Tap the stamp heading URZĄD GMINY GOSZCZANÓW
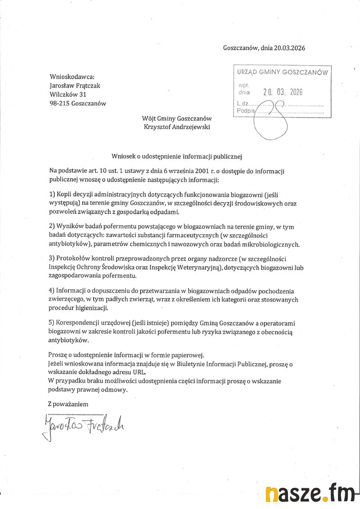282,72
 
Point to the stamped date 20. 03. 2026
283,92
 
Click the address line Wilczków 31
68,94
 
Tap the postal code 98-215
59,103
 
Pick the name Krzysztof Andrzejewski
177,127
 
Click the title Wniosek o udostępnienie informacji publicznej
177,156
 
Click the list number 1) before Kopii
52,195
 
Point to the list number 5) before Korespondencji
52,323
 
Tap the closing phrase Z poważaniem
69,404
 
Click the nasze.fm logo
310,494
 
